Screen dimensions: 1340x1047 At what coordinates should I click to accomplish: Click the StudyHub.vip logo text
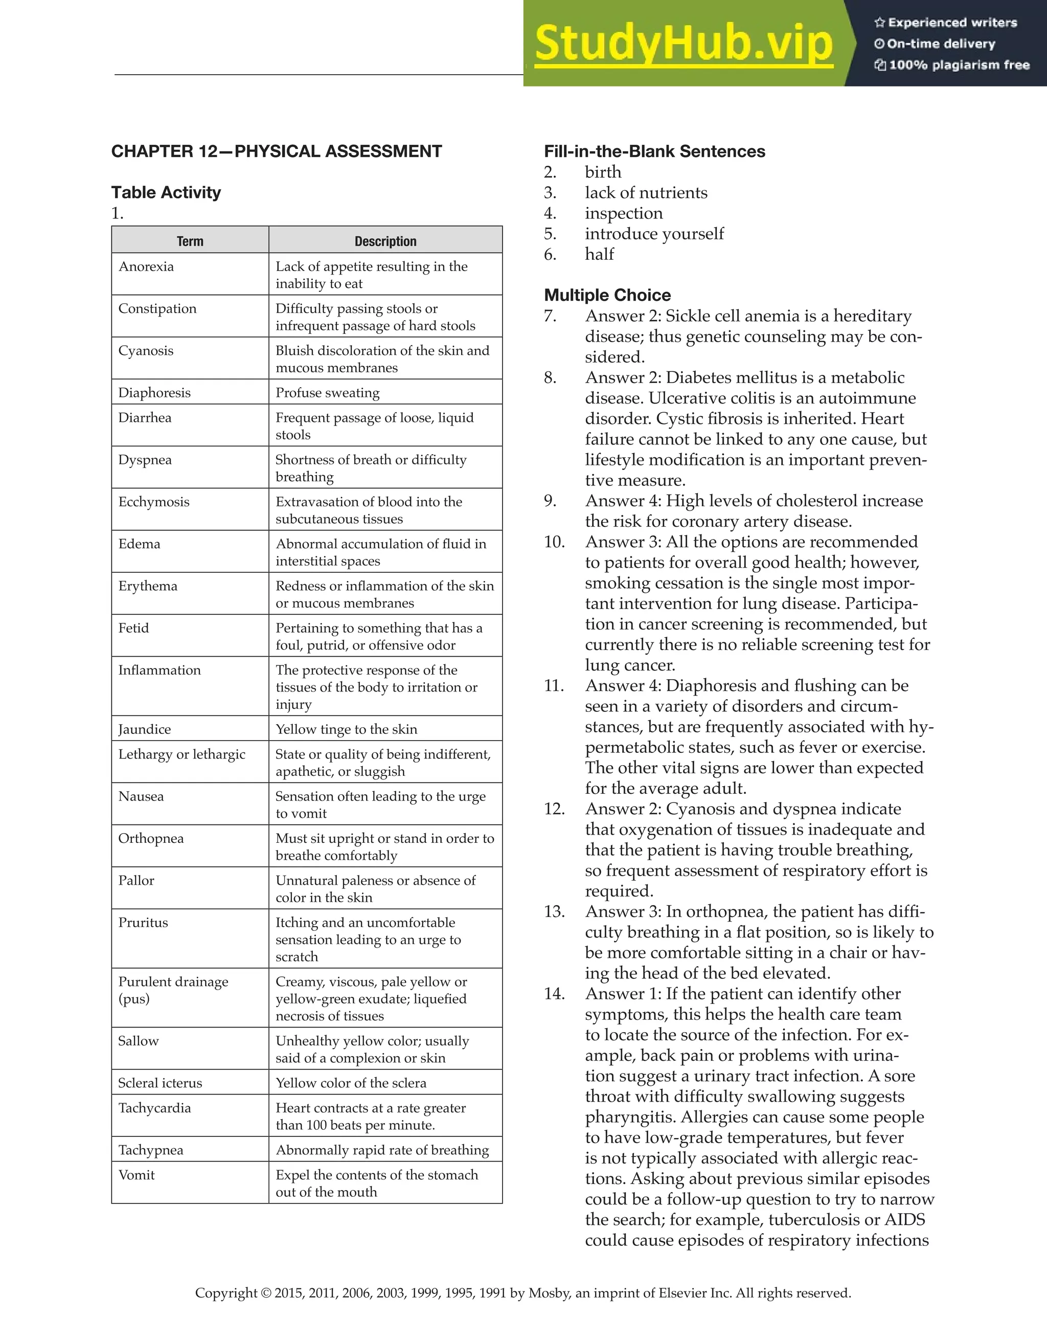(x=684, y=44)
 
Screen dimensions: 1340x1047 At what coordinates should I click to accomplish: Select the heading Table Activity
(x=166, y=193)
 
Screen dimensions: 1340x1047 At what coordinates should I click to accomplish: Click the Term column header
(x=190, y=241)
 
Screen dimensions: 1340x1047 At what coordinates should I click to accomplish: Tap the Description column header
(x=385, y=241)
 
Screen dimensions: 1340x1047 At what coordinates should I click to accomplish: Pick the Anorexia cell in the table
(x=146, y=267)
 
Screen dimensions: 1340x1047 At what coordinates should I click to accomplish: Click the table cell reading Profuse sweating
(x=328, y=393)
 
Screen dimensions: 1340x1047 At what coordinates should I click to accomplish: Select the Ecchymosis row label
(x=154, y=502)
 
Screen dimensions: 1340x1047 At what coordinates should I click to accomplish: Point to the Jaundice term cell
(x=145, y=729)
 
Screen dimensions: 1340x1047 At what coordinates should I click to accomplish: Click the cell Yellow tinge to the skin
(x=346, y=729)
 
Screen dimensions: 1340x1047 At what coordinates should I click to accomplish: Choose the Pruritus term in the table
(x=143, y=923)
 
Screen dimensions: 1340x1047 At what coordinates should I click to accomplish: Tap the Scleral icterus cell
(x=160, y=1084)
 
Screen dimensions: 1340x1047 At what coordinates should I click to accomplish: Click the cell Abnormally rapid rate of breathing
(x=382, y=1150)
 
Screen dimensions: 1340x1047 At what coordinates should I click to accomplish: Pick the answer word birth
(x=603, y=172)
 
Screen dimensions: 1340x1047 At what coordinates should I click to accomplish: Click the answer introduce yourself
(x=654, y=234)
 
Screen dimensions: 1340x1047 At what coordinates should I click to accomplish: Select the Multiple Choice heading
(x=607, y=295)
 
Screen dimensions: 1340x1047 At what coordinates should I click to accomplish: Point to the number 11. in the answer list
(x=554, y=686)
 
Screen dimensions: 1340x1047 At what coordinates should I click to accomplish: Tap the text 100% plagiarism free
(x=959, y=65)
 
